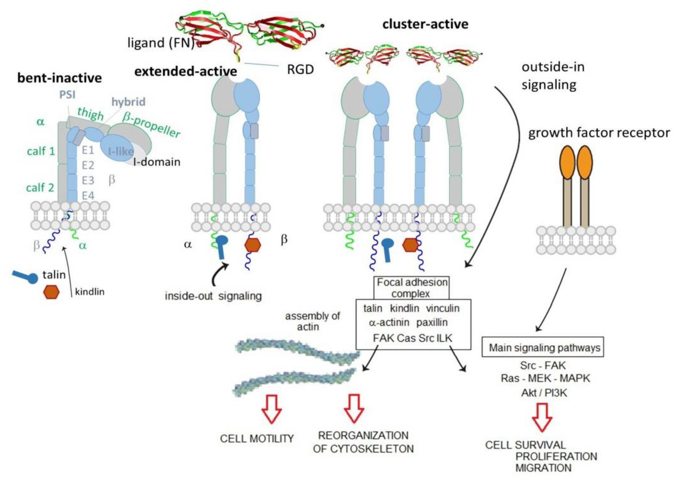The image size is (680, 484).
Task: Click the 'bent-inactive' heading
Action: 60,78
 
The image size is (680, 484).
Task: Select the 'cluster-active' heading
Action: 425,24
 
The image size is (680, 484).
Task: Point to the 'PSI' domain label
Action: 67,95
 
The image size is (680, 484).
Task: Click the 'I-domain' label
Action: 157,162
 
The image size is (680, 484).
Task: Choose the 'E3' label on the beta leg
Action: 88,180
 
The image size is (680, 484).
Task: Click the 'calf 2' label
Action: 40,188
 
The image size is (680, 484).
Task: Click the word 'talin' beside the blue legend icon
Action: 54,275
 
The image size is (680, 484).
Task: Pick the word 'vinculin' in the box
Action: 443,308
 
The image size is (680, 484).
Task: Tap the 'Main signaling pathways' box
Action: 543,347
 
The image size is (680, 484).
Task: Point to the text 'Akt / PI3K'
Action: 544,393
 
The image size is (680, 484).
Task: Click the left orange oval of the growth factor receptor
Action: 567,162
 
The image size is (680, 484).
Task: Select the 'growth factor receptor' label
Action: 599,133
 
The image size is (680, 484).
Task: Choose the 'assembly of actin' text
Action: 312,321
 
